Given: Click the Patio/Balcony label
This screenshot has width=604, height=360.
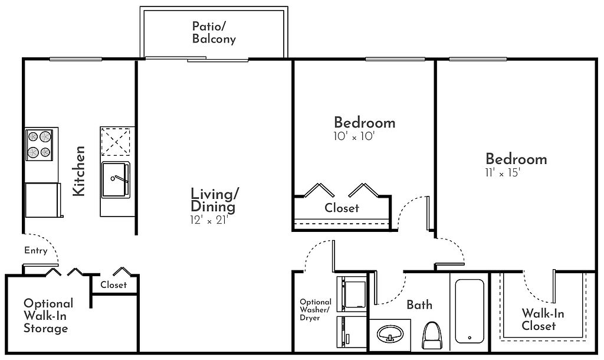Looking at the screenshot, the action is pos(214,33).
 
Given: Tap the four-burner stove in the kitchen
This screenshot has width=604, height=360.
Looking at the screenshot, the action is pos(39,145).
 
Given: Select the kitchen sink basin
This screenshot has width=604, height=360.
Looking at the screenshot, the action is pos(116,179).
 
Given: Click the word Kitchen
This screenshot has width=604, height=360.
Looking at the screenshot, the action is pos(79,171).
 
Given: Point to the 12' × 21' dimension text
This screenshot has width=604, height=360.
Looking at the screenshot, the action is pos(209,220).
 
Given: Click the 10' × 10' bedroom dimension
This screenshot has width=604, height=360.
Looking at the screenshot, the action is pos(354,136).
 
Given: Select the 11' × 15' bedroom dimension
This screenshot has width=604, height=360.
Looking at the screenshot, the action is pos(503,173).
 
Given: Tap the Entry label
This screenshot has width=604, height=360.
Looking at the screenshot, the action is pos(36,251).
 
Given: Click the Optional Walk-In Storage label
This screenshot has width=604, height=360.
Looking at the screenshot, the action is pos(48,316).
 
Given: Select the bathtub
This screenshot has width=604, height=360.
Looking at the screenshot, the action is pos(470,311).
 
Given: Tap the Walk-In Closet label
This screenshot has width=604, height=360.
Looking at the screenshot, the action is pos(543,319).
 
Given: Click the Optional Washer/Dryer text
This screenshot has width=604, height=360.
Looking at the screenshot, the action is pos(315,310).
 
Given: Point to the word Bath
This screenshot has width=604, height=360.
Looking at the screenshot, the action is pos(419,305).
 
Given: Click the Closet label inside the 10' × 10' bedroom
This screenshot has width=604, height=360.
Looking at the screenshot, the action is pos(342,208).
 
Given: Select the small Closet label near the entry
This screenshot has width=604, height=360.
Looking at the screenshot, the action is pos(113,285).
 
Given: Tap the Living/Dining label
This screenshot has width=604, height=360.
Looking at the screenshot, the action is pos(215,200).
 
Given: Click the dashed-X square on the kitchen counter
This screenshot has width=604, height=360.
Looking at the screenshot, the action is pos(116,142).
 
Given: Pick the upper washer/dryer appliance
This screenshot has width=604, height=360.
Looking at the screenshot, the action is pos(352,294).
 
